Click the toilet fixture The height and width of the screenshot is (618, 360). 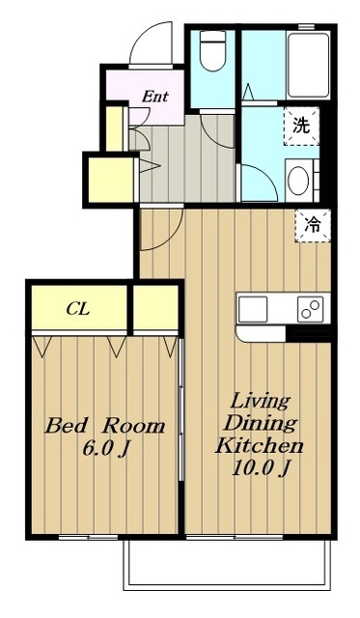[x=212, y=50]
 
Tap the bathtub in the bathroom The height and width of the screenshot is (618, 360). [x=308, y=66]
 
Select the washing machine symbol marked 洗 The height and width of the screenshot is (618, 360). [x=301, y=126]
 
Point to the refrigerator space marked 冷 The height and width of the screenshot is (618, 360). [x=313, y=225]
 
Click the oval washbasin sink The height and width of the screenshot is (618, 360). [x=298, y=181]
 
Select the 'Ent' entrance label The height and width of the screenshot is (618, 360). [x=155, y=97]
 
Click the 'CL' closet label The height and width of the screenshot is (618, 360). [x=78, y=309]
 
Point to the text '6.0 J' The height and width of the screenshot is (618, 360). [x=106, y=448]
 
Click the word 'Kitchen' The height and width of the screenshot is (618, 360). [x=259, y=446]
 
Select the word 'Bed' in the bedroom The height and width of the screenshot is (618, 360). [x=66, y=426]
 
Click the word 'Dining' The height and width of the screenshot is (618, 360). [x=260, y=424]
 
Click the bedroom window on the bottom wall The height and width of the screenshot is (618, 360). [x=89, y=537]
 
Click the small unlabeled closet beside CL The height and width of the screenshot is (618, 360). [x=156, y=307]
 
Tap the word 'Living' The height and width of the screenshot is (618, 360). [x=260, y=402]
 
